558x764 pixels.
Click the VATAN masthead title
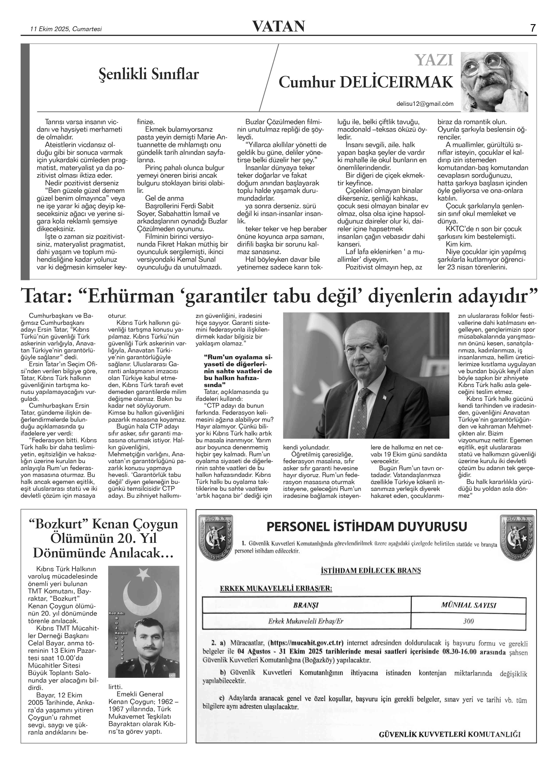coord(279,26)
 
